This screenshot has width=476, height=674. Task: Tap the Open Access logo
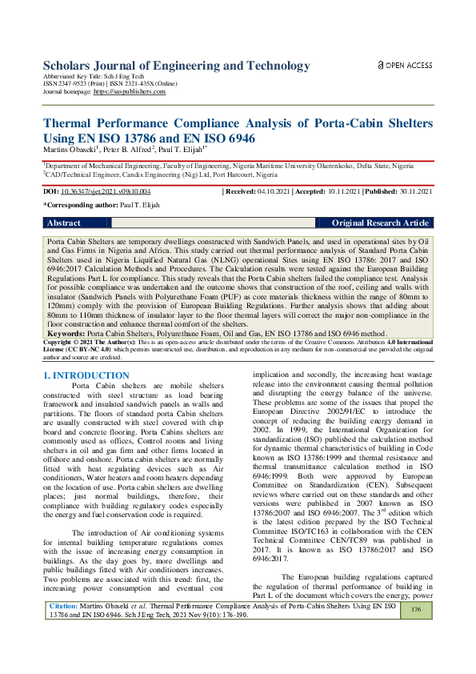pos(405,66)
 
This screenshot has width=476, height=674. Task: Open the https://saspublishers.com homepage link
pos(130,92)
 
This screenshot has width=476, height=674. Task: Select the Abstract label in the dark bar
pos(65,223)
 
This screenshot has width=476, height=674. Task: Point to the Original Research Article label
pos(380,223)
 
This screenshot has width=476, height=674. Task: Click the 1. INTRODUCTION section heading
pos(85,375)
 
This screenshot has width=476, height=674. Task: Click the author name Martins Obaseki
pos(69,150)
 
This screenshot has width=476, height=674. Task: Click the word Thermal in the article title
pos(73,124)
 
